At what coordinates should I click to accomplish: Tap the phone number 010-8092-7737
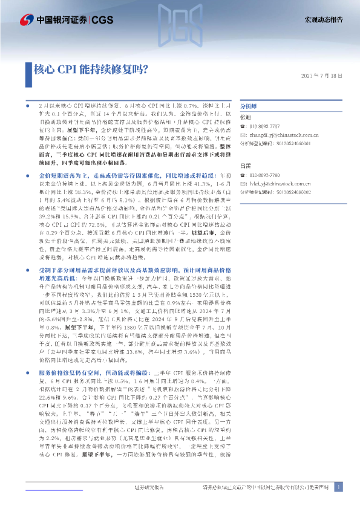click(267, 127)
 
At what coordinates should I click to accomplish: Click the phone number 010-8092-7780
click(267, 174)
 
